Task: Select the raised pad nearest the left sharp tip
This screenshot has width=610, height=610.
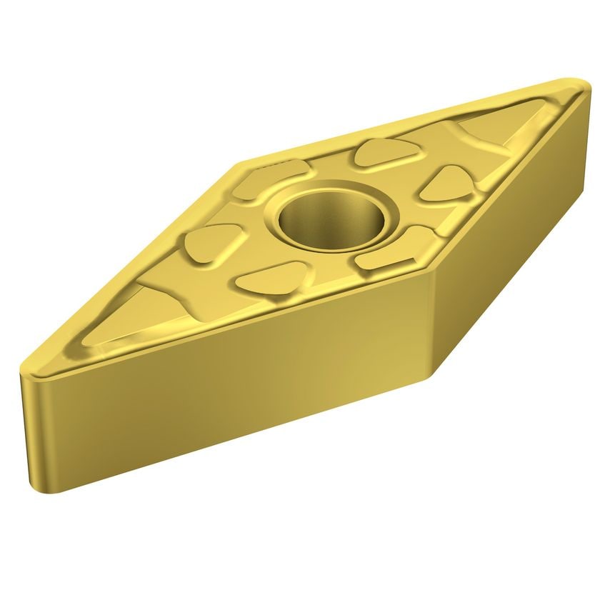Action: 212,244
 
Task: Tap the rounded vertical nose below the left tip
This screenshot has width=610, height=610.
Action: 32,429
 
